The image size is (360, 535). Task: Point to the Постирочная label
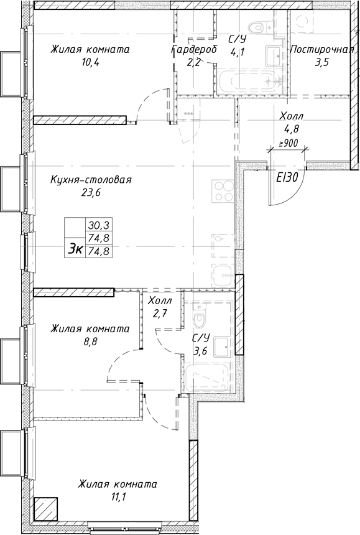322,50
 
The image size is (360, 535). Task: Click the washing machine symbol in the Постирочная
306,22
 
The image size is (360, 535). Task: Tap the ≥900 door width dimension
288,143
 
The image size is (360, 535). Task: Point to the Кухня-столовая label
91,180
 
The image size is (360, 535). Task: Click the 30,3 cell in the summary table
98,225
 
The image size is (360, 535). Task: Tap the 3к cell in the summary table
75,249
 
